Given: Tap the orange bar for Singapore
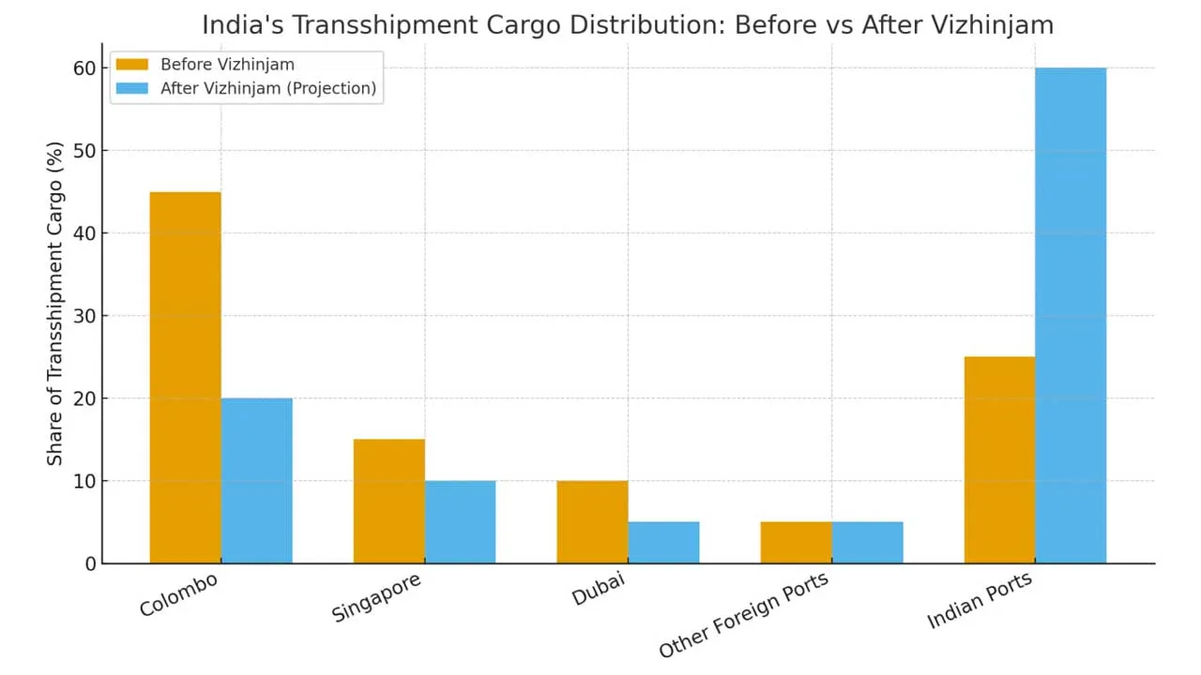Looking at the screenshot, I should (389, 501).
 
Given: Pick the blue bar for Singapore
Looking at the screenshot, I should (460, 521).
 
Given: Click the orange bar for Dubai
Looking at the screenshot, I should (592, 521).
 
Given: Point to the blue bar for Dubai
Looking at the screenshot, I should (663, 542).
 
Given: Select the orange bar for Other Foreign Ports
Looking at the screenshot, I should (796, 542).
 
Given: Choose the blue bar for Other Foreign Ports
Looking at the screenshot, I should (867, 542).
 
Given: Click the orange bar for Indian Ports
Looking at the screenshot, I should (999, 459).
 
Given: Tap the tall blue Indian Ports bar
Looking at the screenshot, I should (1071, 315).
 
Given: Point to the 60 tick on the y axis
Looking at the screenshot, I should (85, 68).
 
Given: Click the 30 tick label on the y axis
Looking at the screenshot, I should (85, 316).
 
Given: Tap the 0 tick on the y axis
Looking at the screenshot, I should (91, 563).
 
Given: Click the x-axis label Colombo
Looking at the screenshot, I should (178, 594).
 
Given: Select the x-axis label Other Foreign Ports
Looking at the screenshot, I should (743, 614).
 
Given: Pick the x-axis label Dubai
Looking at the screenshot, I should (598, 588).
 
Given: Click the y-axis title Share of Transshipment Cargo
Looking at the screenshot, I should (55, 303).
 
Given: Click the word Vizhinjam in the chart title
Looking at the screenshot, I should (998, 24).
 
